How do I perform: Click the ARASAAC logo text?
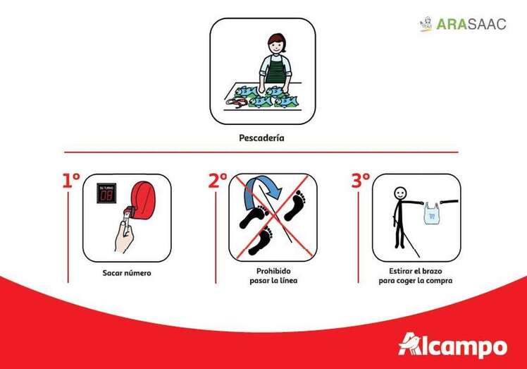471,24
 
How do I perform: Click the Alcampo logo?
453,346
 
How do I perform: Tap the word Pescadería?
261,138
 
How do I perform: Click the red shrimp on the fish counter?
237,102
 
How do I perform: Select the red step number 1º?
71,181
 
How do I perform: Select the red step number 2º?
218,181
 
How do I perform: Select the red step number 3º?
361,181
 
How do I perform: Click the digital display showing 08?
106,193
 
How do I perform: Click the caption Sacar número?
127,273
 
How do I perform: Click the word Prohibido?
273,271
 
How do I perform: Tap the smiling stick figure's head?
400,193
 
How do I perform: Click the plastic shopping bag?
432,213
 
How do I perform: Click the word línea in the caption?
287,280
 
